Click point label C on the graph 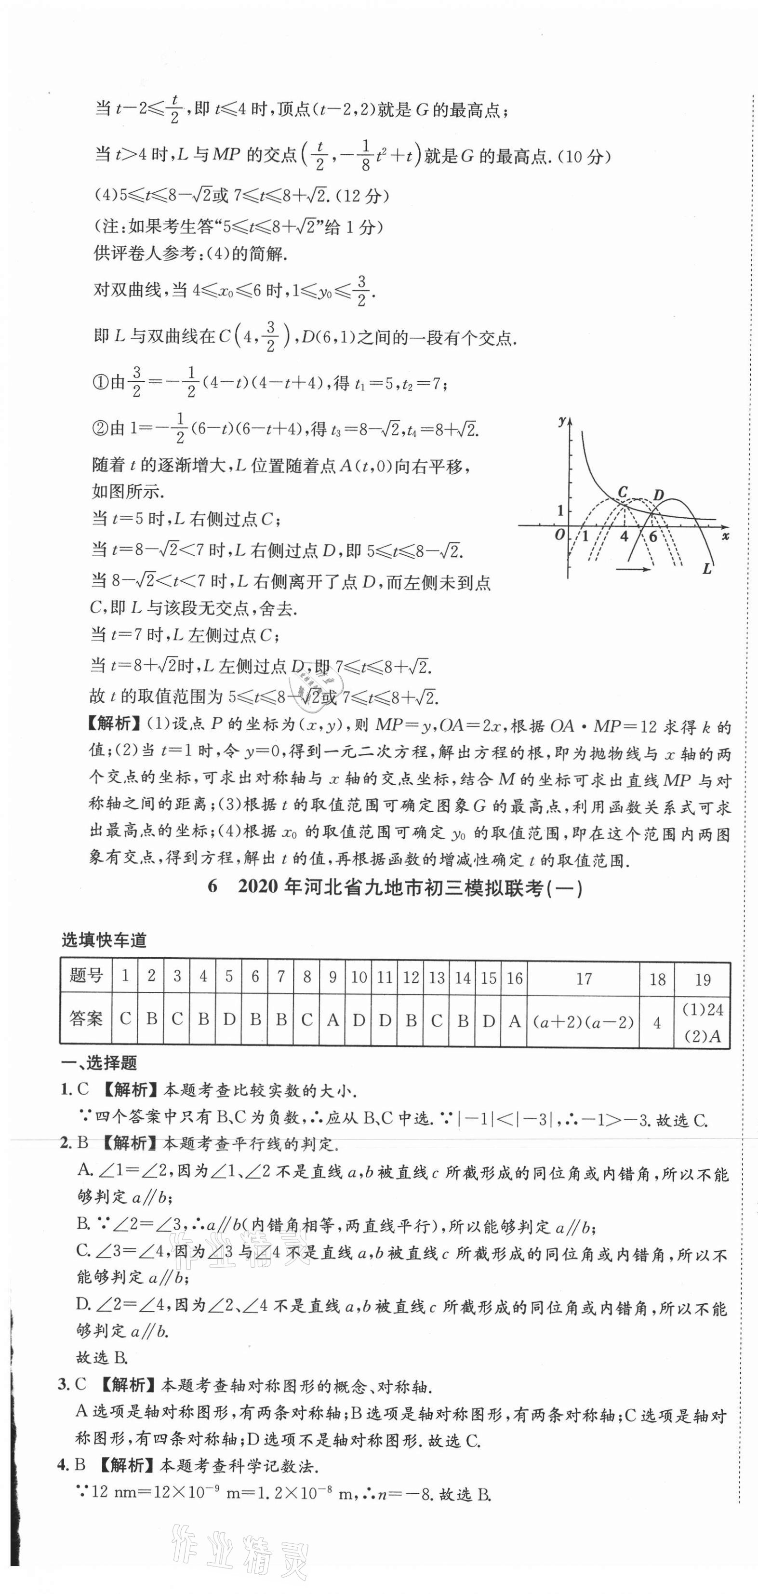(623, 492)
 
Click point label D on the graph (658, 495)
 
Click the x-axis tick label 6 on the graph (653, 536)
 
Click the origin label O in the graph (560, 535)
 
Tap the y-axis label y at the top (562, 421)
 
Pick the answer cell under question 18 (657, 1023)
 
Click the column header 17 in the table (584, 979)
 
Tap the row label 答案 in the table (86, 1018)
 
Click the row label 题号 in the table (86, 976)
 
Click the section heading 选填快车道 (104, 940)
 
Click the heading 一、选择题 (99, 1063)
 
